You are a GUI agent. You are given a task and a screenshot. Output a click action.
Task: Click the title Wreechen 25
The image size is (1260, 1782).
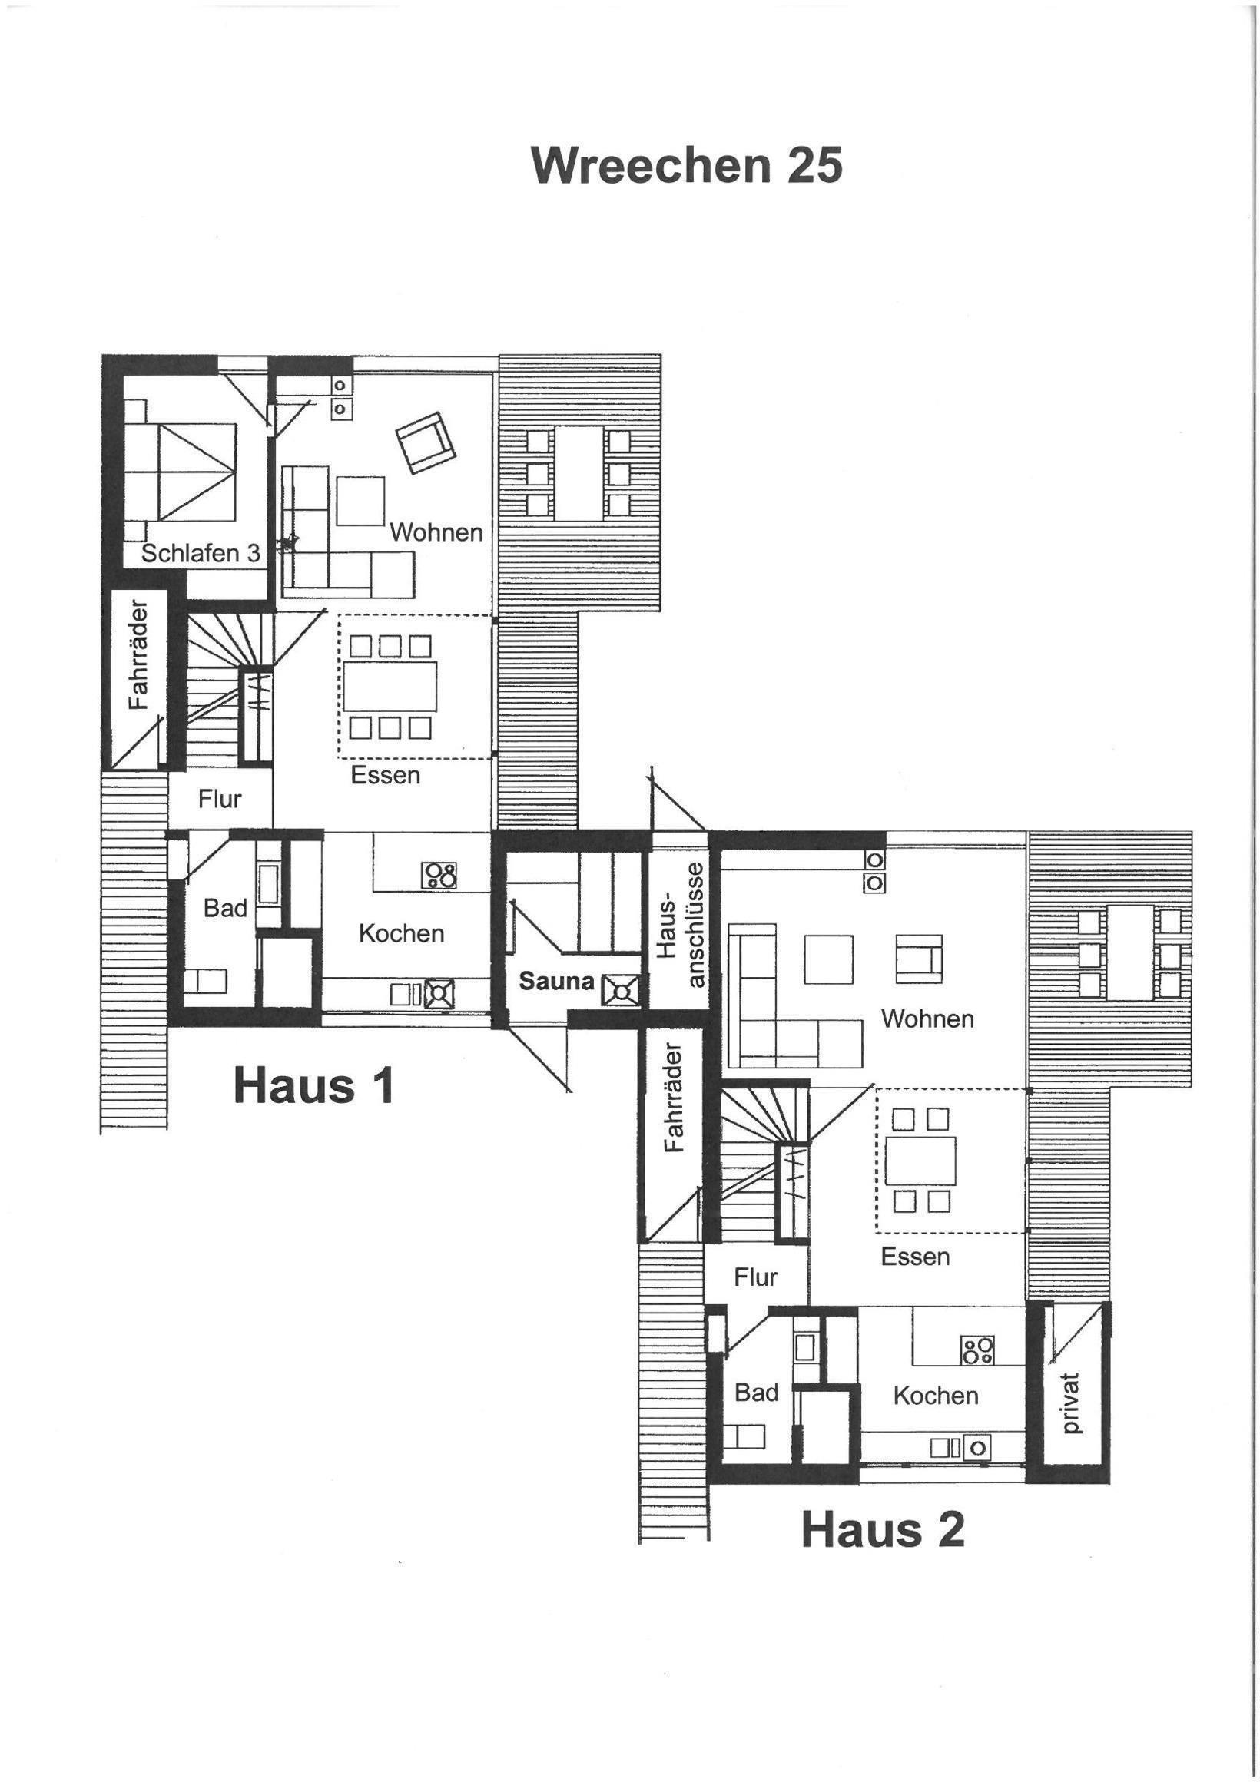click(x=686, y=165)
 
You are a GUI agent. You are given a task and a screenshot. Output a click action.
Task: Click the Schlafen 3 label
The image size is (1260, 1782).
click(x=201, y=553)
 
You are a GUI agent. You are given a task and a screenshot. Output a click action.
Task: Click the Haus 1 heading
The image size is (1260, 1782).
click(x=313, y=1085)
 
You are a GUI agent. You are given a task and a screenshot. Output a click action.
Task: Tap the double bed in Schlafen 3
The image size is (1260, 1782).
click(x=180, y=471)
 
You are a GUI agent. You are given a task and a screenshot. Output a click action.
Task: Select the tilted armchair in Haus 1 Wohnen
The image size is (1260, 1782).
click(x=425, y=442)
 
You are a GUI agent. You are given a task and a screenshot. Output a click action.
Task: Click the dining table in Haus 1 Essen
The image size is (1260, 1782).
click(x=390, y=685)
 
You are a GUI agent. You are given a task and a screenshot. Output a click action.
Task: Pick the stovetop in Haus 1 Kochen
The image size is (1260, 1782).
click(x=439, y=876)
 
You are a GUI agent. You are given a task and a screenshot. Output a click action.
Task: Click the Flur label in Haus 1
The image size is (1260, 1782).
click(x=220, y=799)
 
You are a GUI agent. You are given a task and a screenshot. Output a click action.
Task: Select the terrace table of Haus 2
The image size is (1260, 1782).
click(x=1129, y=953)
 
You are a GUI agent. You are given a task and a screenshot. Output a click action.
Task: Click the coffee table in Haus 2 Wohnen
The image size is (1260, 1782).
click(x=828, y=959)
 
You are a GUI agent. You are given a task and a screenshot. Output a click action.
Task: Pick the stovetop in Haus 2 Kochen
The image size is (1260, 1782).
click(x=977, y=1349)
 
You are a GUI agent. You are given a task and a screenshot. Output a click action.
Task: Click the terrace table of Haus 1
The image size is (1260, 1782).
click(x=579, y=472)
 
